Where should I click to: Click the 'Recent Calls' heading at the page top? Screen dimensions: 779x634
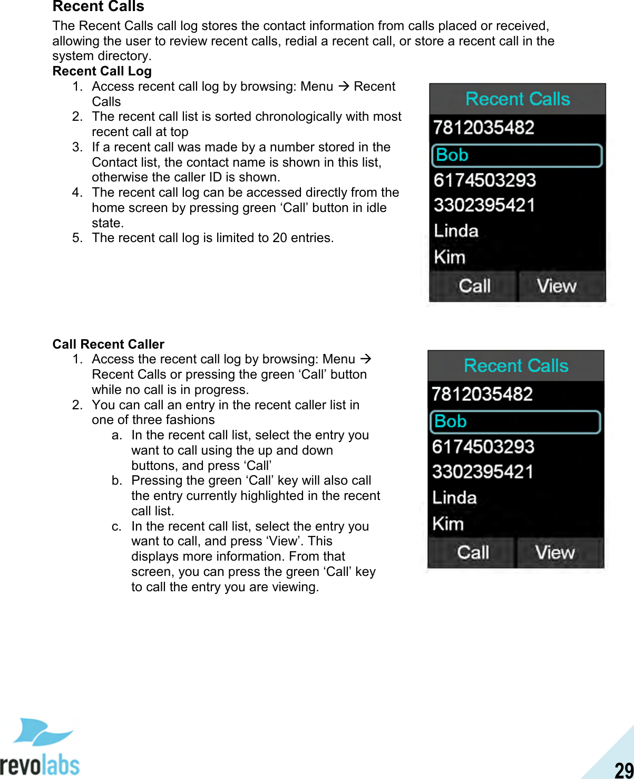pyautogui.click(x=98, y=7)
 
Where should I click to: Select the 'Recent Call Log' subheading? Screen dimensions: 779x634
pyautogui.click(x=102, y=71)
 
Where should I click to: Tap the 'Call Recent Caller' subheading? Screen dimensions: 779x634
pyautogui.click(x=108, y=344)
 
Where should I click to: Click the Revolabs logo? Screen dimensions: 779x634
pyautogui.click(x=40, y=747)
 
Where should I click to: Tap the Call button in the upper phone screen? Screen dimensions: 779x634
pyautogui.click(x=474, y=286)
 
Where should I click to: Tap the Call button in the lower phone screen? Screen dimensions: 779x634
pyautogui.click(x=472, y=552)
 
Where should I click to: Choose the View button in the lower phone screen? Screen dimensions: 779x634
pyautogui.click(x=554, y=552)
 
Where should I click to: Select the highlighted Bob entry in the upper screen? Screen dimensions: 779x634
pyautogui.click(x=516, y=156)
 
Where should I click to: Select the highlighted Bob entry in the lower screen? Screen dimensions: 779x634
pyautogui.click(x=515, y=422)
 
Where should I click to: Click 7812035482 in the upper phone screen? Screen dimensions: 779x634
pyautogui.click(x=484, y=128)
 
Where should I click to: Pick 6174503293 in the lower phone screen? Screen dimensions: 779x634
pyautogui.click(x=483, y=447)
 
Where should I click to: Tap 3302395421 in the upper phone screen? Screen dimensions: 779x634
pyautogui.click(x=484, y=205)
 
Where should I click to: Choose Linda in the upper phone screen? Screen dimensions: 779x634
pyautogui.click(x=456, y=231)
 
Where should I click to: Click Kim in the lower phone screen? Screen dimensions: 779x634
pyautogui.click(x=448, y=524)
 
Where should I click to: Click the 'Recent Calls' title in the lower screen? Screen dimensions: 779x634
pyautogui.click(x=516, y=366)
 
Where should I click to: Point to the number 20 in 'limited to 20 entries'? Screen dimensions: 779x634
pyautogui.click(x=279, y=238)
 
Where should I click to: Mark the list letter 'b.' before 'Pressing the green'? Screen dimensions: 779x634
pyautogui.click(x=117, y=480)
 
